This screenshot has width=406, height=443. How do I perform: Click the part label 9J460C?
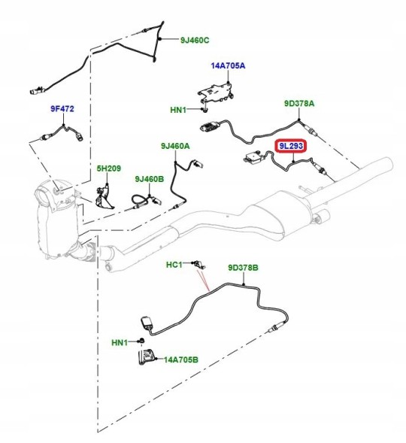click(x=195, y=40)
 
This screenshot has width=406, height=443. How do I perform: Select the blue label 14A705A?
click(x=228, y=66)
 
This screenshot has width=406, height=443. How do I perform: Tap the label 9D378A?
click(x=299, y=103)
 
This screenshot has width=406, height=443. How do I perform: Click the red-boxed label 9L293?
click(x=291, y=146)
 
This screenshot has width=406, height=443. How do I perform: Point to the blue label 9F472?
click(x=62, y=108)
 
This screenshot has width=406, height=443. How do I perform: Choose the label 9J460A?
click(x=175, y=146)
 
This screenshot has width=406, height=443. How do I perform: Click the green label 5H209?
click(x=109, y=168)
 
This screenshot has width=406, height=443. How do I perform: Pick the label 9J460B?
click(x=150, y=179)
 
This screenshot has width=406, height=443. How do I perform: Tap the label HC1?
click(x=174, y=265)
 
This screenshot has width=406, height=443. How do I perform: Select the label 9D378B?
click(x=243, y=267)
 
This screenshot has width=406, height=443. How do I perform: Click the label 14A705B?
click(x=181, y=360)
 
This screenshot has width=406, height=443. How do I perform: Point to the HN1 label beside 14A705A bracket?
click(x=178, y=110)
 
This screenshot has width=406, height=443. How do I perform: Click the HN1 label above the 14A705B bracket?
click(x=120, y=343)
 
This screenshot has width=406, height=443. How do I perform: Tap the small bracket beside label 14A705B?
click(x=147, y=357)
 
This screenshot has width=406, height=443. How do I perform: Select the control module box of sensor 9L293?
click(x=253, y=156)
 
